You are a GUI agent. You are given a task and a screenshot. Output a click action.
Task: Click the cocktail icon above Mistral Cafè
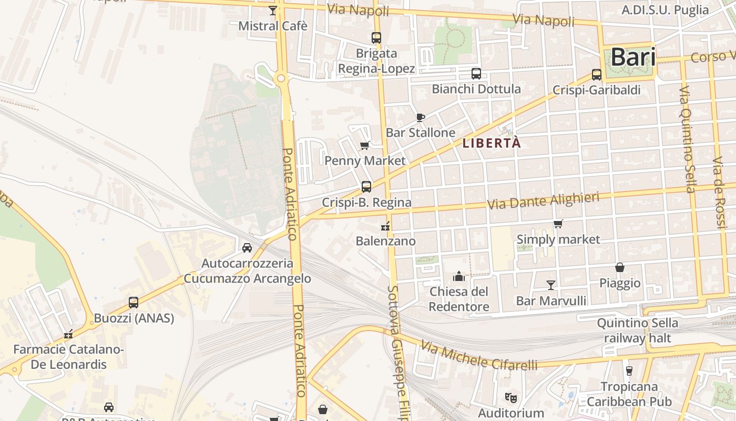click(272, 11)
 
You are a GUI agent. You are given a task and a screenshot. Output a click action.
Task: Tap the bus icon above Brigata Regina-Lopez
click(376, 38)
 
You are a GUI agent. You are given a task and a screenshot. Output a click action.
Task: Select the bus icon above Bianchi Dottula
click(476, 74)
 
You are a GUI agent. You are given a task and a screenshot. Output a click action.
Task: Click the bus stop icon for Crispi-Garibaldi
click(597, 75)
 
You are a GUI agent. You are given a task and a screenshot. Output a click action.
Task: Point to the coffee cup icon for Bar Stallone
click(420, 117)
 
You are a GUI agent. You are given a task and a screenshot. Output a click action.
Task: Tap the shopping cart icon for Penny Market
click(364, 146)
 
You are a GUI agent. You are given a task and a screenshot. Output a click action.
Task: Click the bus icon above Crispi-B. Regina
click(366, 187)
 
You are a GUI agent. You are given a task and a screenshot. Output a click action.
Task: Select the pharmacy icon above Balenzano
click(385, 227)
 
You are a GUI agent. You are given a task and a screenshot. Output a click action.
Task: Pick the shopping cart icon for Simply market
click(558, 224)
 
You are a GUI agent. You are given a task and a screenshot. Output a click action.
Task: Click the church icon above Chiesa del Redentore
click(459, 276)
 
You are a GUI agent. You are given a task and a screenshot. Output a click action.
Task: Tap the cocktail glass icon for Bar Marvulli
click(551, 285)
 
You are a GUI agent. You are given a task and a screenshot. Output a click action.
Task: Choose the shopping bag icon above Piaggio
click(620, 268)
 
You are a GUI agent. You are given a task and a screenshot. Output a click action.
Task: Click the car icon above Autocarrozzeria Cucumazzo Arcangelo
click(247, 247)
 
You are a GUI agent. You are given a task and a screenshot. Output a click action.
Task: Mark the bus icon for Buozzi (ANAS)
click(134, 303)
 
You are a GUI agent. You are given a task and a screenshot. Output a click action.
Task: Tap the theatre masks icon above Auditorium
click(510, 398)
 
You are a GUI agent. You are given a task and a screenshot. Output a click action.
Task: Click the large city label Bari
click(633, 57)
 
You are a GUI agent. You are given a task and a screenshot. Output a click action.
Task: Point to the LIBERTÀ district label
click(492, 143)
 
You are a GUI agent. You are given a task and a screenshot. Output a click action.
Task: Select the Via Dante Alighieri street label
click(544, 201)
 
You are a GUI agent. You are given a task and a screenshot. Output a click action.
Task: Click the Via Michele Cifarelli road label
click(479, 356)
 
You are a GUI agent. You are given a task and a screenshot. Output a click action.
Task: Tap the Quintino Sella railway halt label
click(638, 330)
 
